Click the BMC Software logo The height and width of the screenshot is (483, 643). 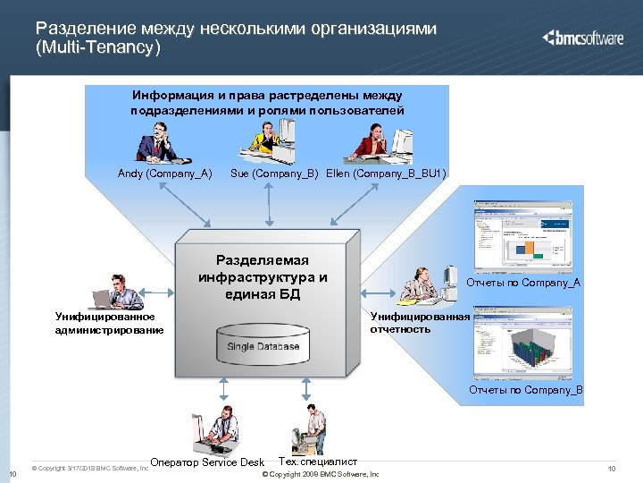click(x=585, y=38)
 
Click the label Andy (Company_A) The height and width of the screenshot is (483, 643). click(x=164, y=173)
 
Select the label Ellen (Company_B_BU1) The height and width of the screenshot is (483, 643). click(x=386, y=173)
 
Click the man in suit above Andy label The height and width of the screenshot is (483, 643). click(x=160, y=140)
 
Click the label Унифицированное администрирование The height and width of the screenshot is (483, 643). click(x=109, y=323)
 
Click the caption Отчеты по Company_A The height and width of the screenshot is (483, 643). click(x=523, y=283)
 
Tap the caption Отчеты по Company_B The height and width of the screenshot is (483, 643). click(x=526, y=390)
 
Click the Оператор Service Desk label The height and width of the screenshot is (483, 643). click(x=206, y=462)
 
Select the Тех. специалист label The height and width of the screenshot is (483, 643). click(x=319, y=462)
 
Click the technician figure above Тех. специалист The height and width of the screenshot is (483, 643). click(x=313, y=428)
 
